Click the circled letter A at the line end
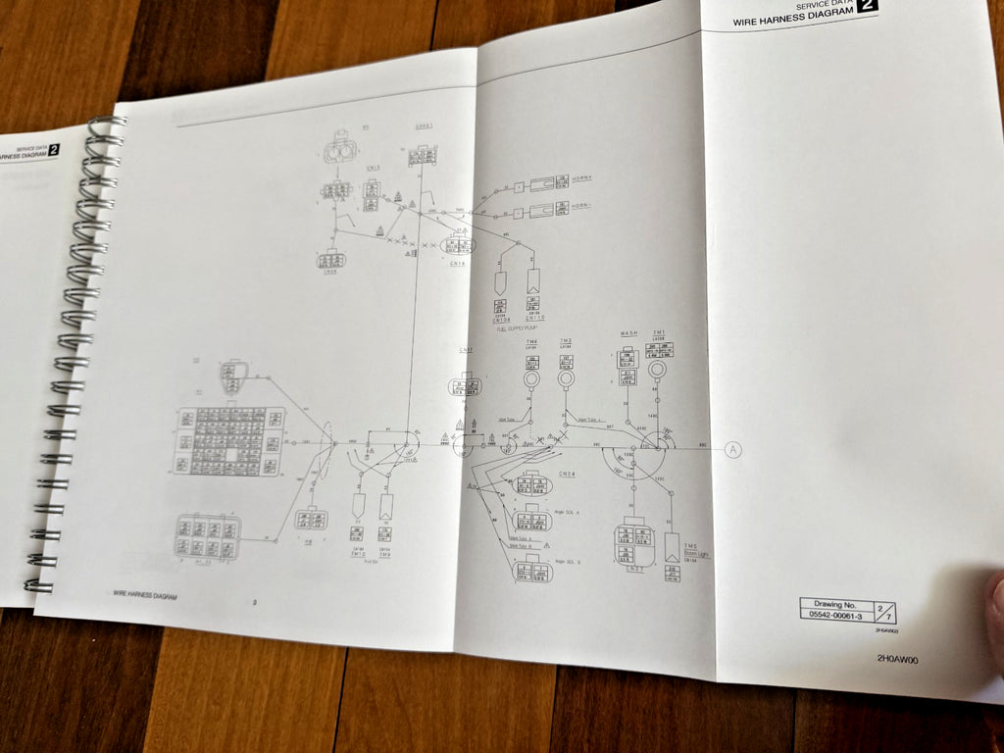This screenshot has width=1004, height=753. (x=732, y=450)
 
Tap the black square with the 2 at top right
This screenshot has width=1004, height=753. (x=867, y=5)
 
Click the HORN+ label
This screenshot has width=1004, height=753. (x=587, y=178)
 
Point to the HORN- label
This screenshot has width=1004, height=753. (x=587, y=206)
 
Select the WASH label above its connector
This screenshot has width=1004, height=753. (x=628, y=334)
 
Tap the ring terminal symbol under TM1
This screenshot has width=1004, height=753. (x=657, y=370)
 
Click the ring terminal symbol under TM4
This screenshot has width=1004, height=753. (x=530, y=377)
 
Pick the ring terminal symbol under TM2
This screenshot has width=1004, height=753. (x=566, y=376)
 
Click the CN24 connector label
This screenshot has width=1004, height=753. (x=567, y=475)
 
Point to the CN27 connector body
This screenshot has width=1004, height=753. (x=634, y=541)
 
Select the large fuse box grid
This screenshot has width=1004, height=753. (x=230, y=441)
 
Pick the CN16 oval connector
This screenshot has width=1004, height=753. (x=458, y=245)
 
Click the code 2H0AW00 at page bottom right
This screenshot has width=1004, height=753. (x=897, y=659)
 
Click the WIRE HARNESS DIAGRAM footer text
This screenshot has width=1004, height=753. (x=145, y=594)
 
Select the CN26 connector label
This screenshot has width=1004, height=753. (x=331, y=273)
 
